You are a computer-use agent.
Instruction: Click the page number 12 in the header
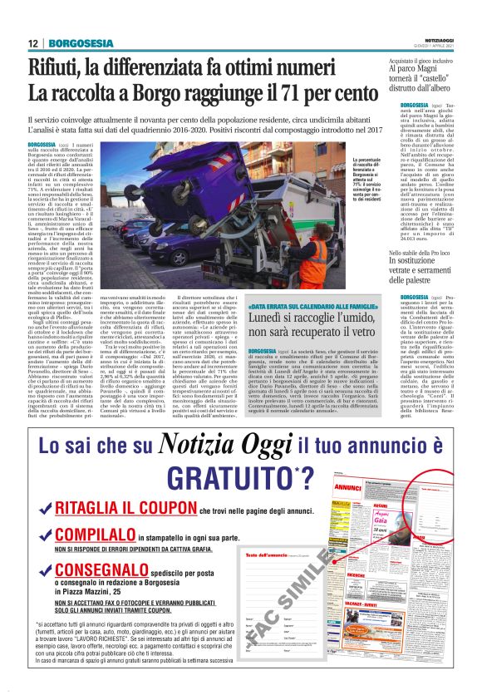[x=32, y=43]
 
